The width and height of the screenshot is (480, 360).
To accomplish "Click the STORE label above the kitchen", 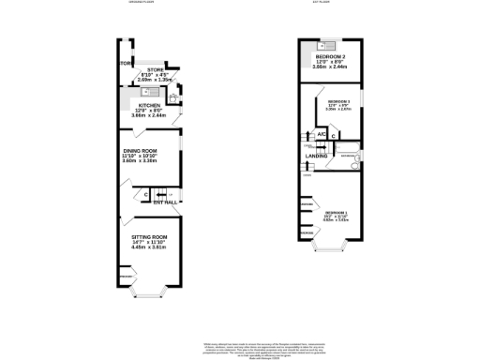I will tap(145, 69).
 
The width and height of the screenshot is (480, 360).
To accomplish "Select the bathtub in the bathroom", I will tap(347, 154).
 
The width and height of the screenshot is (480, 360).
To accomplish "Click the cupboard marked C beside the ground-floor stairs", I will tap(146, 194).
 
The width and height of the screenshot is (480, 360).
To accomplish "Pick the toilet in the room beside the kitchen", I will tap(174, 97).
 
